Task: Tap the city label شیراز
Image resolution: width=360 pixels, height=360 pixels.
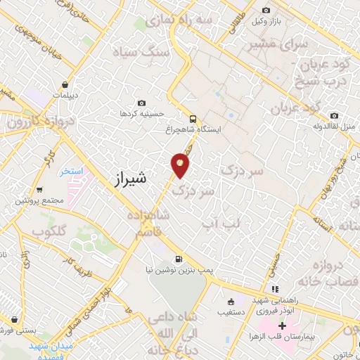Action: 129,179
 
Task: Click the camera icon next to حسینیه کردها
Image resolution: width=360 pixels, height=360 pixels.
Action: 142,103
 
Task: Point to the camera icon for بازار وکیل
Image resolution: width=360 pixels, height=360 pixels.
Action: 266,10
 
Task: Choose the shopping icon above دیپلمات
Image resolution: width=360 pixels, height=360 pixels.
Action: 65,84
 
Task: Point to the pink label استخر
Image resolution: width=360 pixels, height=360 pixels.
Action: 72,171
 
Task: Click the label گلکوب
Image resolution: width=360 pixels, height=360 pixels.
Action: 49,231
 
